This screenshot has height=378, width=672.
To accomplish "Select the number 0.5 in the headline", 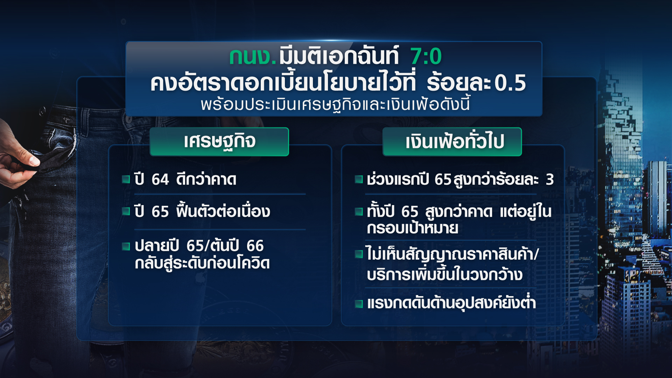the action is (510, 83).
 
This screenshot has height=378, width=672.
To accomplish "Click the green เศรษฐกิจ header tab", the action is (219, 142).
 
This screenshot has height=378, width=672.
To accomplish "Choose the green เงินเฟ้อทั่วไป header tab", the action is (452, 142).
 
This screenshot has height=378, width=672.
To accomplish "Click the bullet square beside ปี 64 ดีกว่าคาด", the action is (126, 180).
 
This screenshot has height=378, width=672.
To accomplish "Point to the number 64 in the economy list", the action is (160, 180).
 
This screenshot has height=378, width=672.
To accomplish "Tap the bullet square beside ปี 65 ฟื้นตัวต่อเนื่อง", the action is (126, 211).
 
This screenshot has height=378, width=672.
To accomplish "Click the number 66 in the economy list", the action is (255, 246).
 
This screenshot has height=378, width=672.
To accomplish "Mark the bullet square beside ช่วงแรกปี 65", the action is (359, 180).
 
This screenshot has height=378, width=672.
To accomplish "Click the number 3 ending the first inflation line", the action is (550, 180).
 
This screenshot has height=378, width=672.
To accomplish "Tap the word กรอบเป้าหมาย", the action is (413, 228).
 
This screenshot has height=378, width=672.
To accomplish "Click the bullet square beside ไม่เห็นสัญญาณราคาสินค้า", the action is (359, 254).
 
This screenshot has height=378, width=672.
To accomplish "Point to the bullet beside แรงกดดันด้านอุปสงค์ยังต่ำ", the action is (359, 304).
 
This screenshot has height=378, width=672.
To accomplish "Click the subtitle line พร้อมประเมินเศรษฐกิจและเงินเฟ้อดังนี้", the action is (335, 104).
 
